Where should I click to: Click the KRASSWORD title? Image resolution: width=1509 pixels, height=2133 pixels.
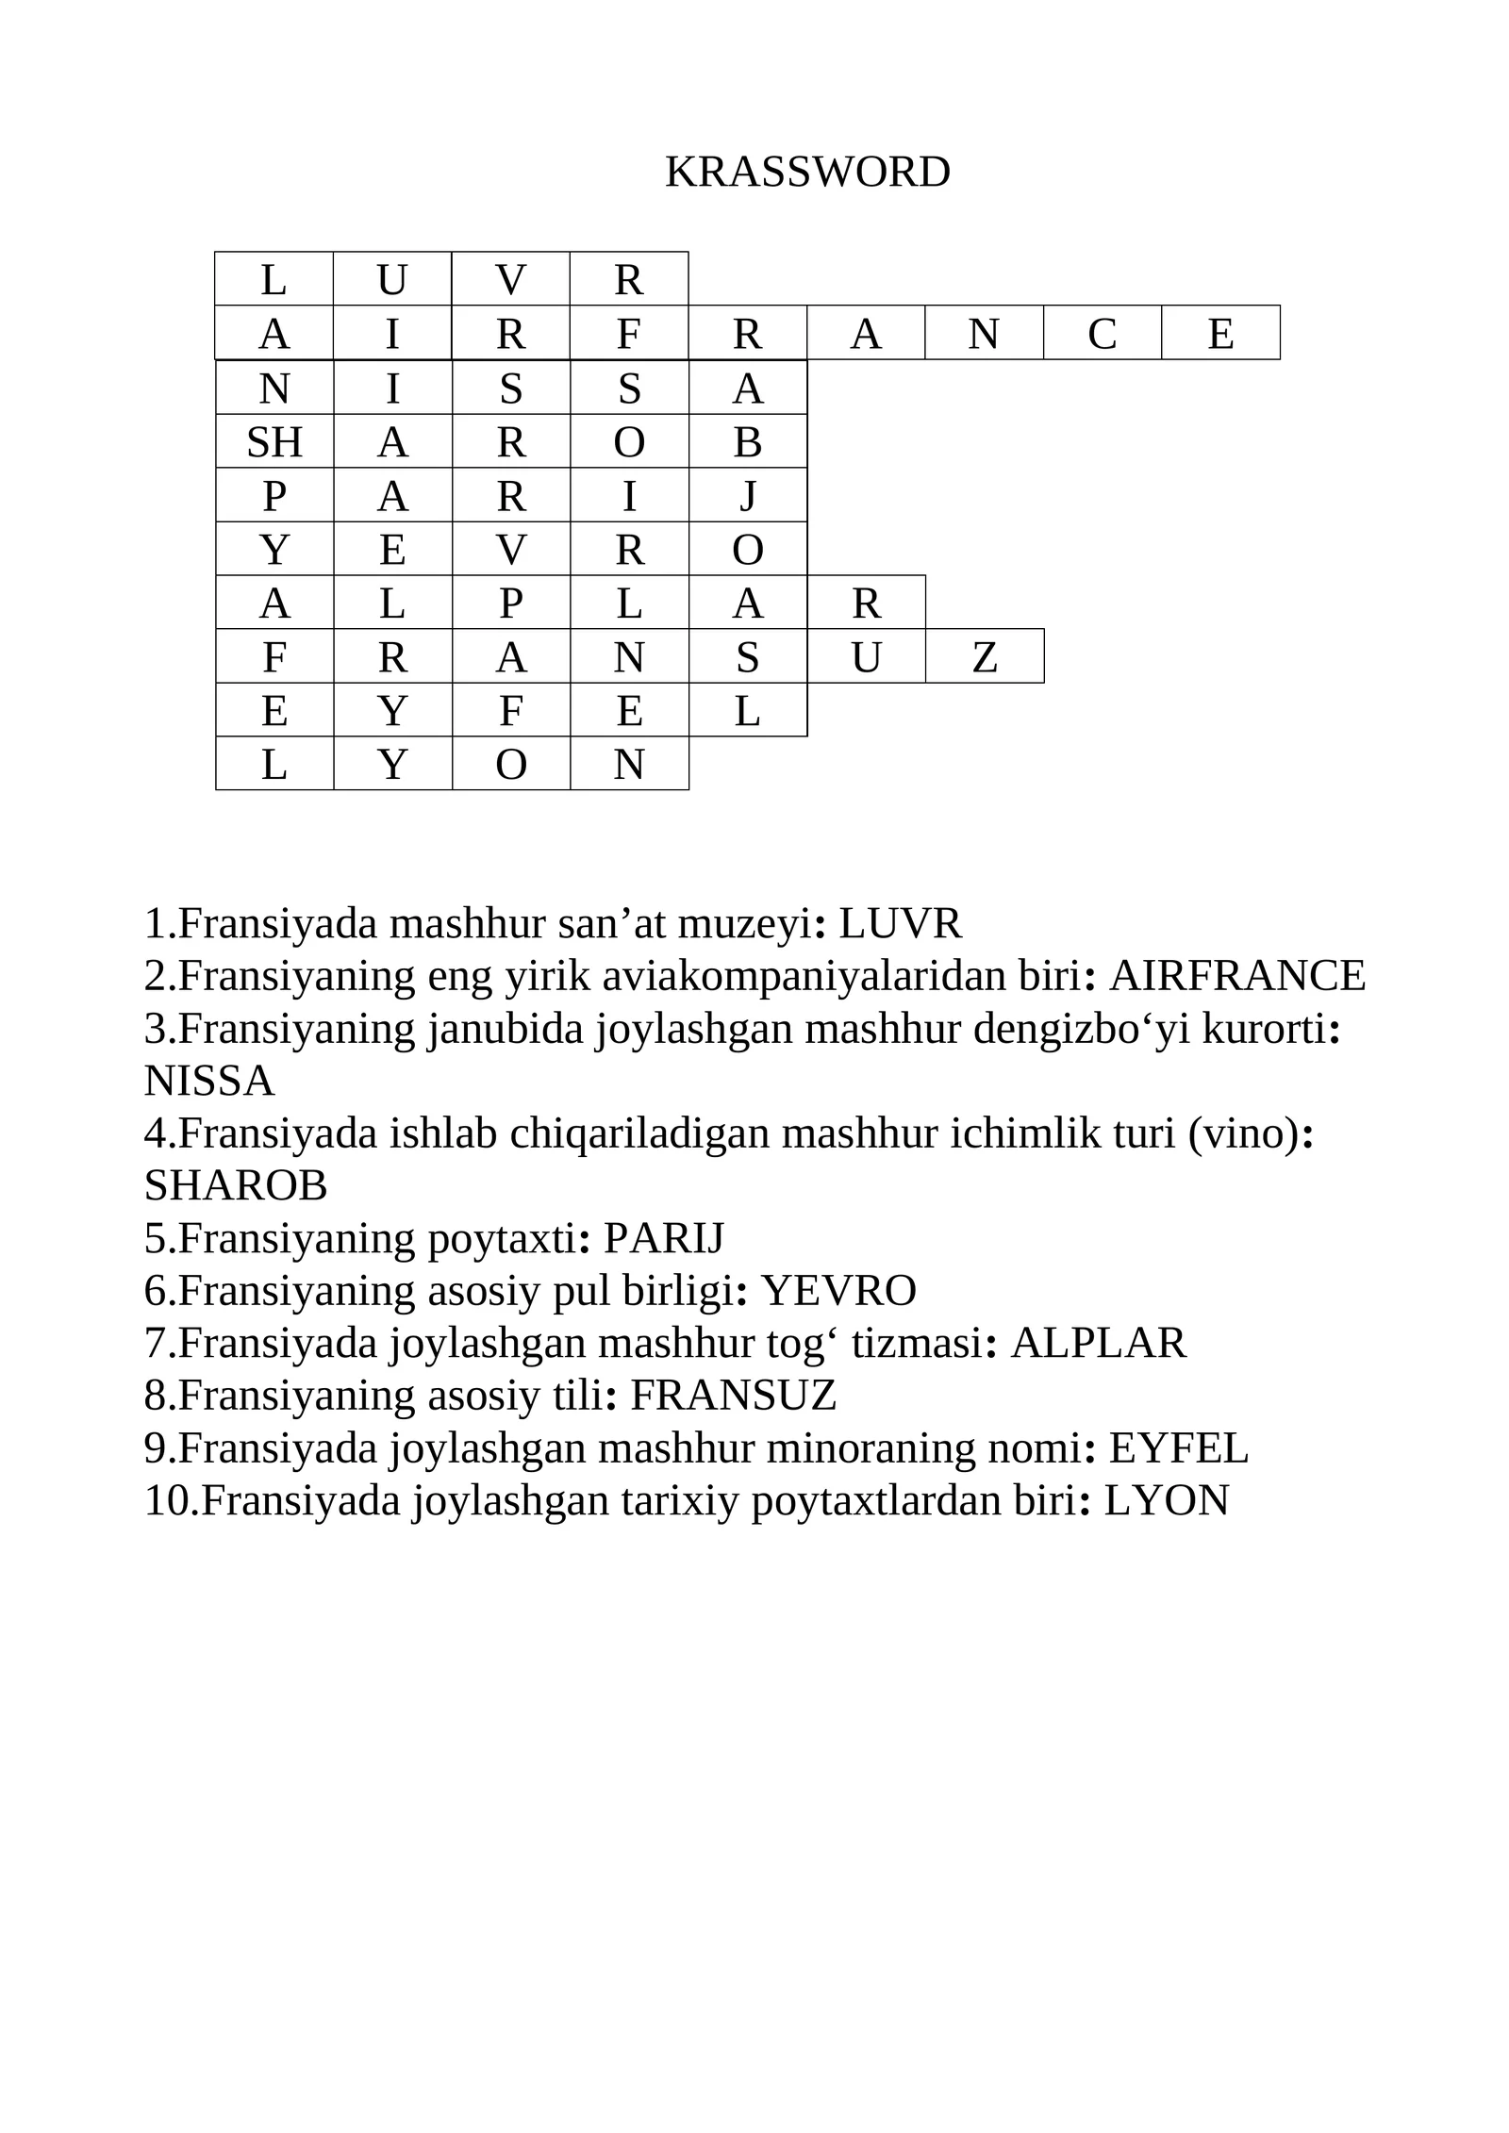(807, 173)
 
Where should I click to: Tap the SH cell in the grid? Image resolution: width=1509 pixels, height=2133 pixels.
(274, 441)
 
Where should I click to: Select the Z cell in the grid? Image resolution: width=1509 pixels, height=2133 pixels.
(985, 656)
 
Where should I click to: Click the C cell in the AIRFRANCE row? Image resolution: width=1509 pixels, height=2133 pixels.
(1102, 334)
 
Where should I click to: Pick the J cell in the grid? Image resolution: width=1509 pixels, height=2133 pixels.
(748, 495)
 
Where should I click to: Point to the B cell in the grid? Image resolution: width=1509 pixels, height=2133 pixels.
(748, 441)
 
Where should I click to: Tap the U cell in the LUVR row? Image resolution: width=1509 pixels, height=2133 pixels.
(392, 280)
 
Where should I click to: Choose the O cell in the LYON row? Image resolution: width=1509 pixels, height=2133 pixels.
(511, 764)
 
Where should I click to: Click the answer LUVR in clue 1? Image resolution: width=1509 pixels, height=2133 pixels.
(901, 923)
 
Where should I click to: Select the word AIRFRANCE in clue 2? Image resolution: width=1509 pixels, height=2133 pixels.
(1237, 976)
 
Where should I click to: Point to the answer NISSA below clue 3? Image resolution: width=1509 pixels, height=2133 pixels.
(209, 1081)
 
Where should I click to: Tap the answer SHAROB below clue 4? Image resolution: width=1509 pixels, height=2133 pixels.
(236, 1185)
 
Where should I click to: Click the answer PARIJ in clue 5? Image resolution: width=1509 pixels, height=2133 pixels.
(664, 1238)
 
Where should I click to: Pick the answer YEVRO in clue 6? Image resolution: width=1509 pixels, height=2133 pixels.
(838, 1291)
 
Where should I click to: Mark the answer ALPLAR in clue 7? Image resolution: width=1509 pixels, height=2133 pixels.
(1098, 1343)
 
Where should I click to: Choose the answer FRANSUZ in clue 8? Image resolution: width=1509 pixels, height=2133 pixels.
(734, 1396)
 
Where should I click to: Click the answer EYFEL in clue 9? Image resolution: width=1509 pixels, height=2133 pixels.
(1178, 1448)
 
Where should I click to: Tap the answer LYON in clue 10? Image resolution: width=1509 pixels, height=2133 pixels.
(1167, 1500)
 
